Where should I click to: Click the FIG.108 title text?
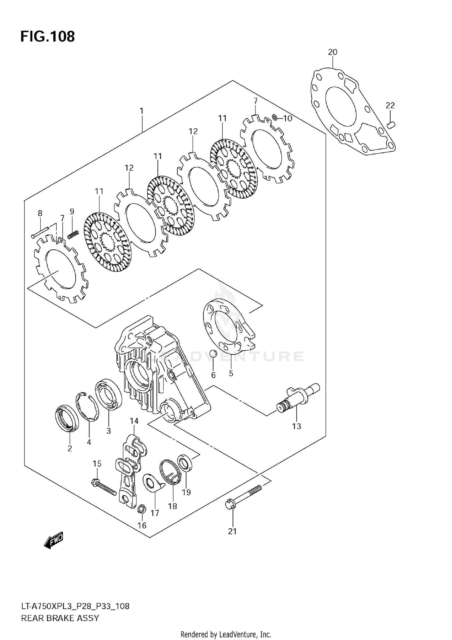[48, 37]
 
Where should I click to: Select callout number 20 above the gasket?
[332, 52]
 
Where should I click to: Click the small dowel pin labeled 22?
[391, 124]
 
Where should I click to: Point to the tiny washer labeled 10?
[274, 117]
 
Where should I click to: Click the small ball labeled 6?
[213, 353]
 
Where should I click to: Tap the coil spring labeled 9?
[73, 234]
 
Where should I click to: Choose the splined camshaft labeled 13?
[297, 398]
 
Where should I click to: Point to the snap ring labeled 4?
[88, 406]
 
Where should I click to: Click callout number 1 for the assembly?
[141, 111]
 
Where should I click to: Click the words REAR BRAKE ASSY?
[60, 618]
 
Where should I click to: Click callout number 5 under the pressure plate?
[231, 373]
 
